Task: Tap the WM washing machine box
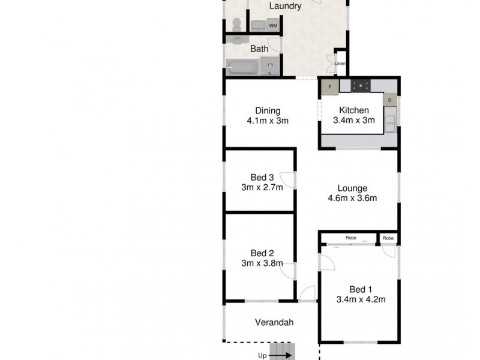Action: (273, 25)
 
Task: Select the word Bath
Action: (259, 49)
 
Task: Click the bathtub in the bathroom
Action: (243, 66)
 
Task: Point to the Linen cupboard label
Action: (340, 64)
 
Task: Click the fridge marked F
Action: (329, 88)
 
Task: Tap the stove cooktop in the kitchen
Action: (361, 86)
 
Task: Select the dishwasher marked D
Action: (389, 100)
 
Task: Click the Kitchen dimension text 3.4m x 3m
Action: (353, 120)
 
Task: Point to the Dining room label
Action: (268, 110)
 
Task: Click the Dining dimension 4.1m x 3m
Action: (268, 120)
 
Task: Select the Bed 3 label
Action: (262, 177)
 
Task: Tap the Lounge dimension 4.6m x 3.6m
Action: (352, 198)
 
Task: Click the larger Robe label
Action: (351, 238)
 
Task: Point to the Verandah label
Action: (274, 322)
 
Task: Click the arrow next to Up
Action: (283, 355)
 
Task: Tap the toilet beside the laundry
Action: (236, 24)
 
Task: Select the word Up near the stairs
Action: (262, 355)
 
